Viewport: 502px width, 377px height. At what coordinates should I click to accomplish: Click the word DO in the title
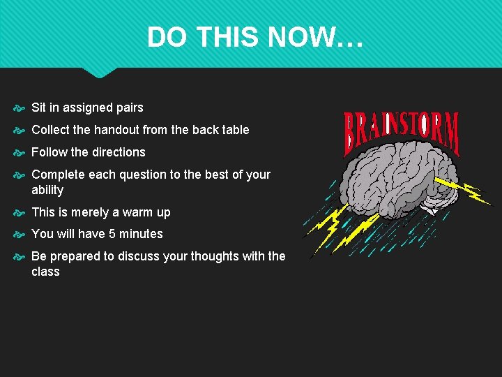[x=164, y=37]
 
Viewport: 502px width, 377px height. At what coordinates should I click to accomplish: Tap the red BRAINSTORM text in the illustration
[x=402, y=133]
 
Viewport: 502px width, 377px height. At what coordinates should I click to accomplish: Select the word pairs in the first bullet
[x=128, y=108]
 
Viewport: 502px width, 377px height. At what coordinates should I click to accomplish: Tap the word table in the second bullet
[x=234, y=130]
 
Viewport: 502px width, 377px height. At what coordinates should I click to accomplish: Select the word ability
[x=47, y=190]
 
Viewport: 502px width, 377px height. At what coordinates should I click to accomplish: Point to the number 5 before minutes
[x=113, y=234]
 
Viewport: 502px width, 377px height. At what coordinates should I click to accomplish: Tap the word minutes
[x=141, y=234]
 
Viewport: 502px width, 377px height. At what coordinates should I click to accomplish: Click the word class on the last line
[x=45, y=272]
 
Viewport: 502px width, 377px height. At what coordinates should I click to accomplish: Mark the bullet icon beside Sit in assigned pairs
[x=19, y=108]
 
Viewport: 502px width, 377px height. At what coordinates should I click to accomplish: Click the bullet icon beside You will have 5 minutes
[x=19, y=235]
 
